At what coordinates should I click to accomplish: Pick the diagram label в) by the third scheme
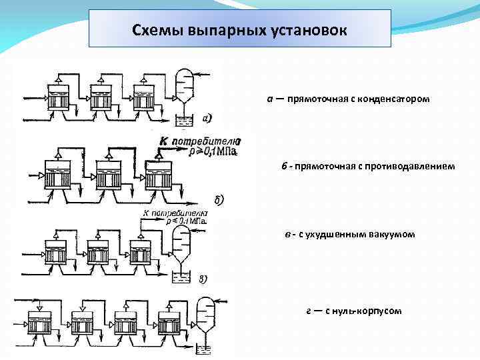click(x=202, y=279)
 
